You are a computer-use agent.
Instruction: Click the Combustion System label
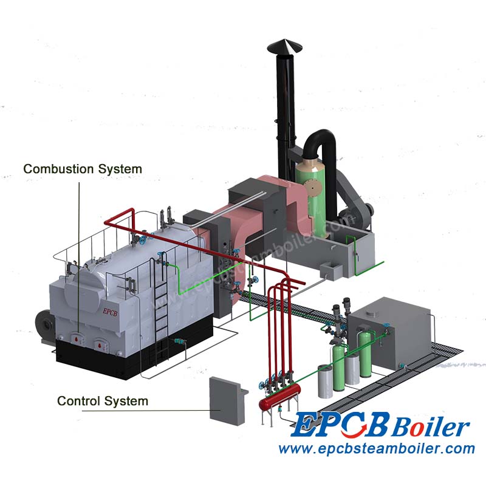pos(83,169)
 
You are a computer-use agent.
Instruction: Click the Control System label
pos(103,401)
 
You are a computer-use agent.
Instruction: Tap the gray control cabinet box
pos(226,400)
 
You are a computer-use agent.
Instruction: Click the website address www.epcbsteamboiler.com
pos(376,450)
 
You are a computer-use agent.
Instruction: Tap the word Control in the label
pos(79,401)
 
